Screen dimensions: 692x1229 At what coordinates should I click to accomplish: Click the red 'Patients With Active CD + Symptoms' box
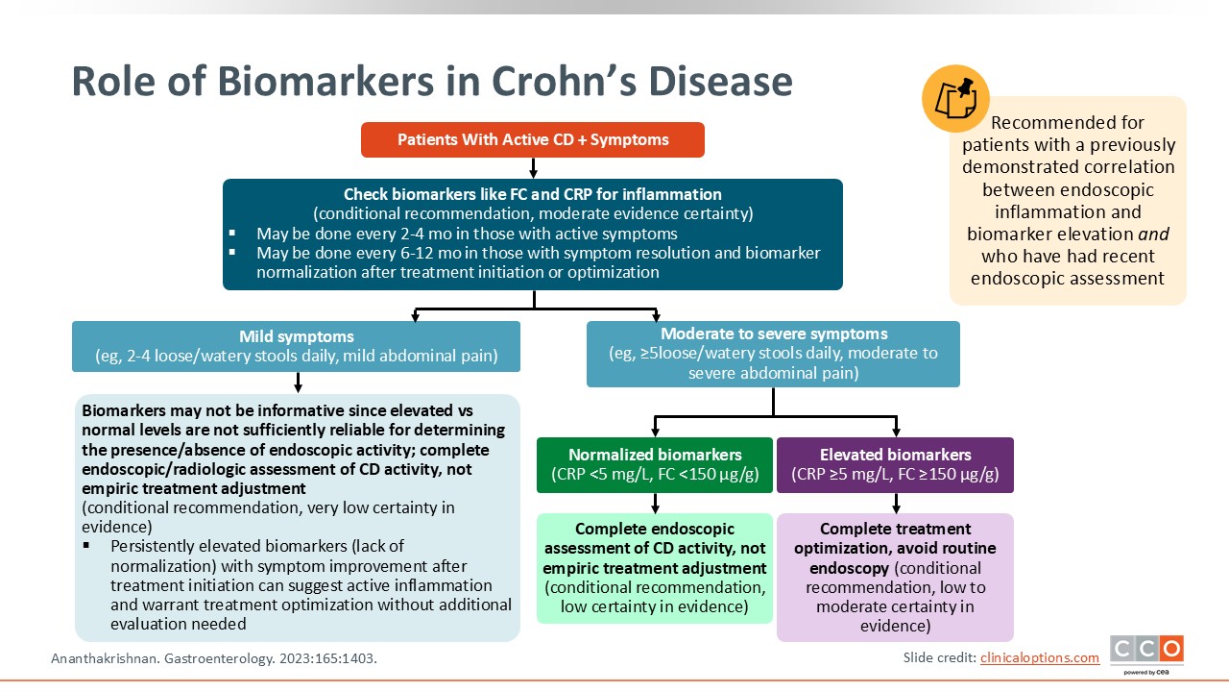[533, 139]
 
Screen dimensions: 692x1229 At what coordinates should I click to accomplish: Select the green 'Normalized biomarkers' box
[655, 464]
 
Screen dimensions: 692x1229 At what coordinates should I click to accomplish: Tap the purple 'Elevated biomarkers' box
[895, 464]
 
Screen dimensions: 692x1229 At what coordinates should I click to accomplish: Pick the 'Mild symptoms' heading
[297, 336]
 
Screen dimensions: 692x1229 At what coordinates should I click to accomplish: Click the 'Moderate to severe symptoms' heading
[773, 334]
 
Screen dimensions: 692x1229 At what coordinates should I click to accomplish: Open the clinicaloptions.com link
[1040, 657]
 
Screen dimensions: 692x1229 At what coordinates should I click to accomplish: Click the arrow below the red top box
[533, 168]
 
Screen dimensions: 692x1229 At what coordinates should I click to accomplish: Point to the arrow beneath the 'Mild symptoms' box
[298, 383]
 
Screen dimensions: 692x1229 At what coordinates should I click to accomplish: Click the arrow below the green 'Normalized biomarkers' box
[655, 503]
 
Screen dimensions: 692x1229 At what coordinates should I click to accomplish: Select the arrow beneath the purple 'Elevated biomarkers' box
[895, 503]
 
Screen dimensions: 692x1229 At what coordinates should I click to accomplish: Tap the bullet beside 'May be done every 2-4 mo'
[232, 234]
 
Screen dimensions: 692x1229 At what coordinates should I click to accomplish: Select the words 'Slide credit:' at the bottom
[939, 657]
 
